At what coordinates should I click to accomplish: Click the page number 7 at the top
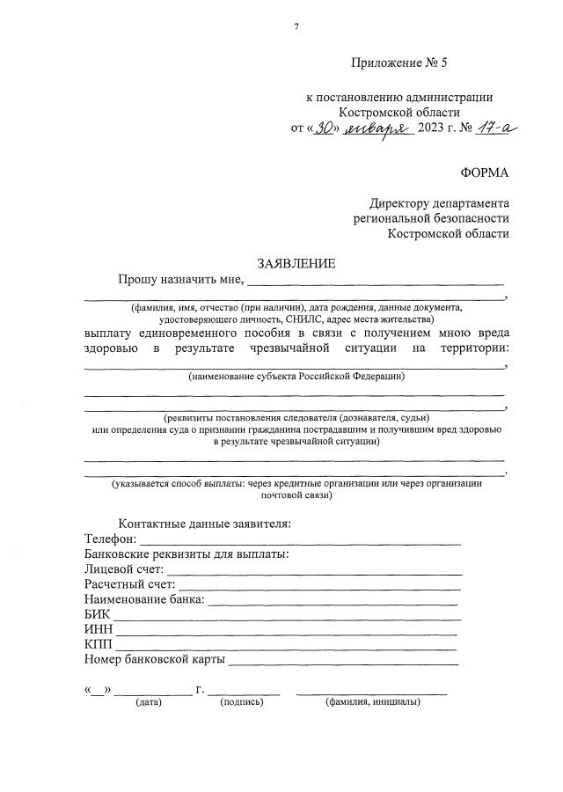pos(296,26)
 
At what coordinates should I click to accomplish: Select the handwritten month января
pos(377,128)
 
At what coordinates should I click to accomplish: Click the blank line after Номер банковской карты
pos(343,663)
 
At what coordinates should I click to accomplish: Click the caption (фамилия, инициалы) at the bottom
pos(372,702)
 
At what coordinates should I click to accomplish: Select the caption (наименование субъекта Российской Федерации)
pos(296,377)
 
